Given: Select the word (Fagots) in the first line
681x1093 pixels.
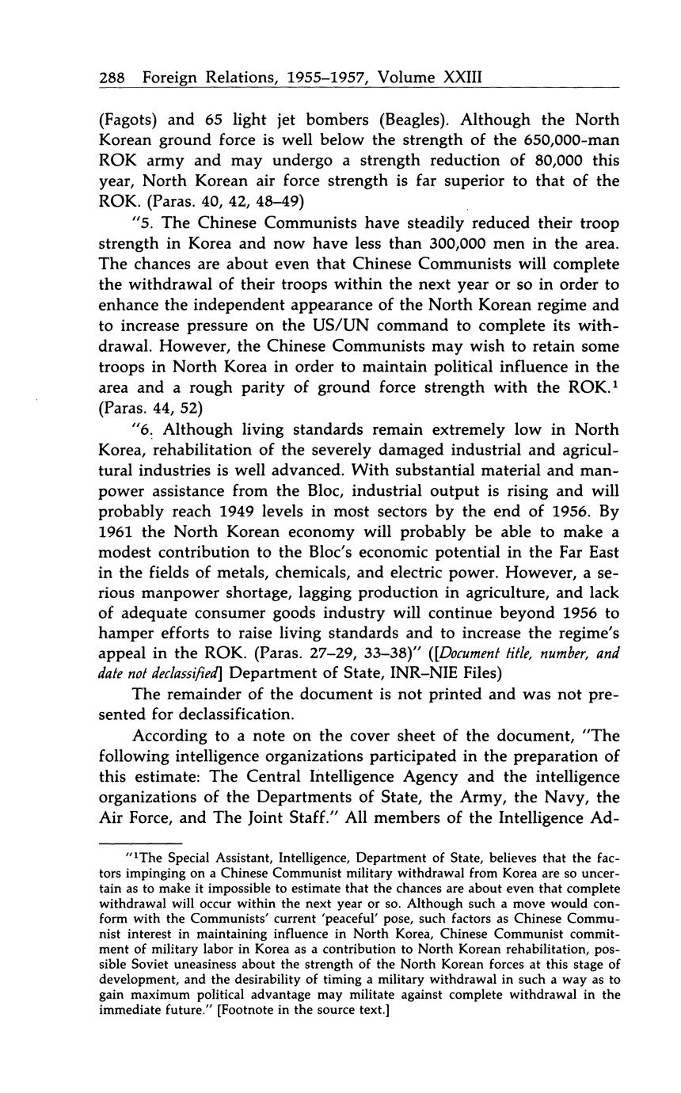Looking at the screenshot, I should coord(130,120).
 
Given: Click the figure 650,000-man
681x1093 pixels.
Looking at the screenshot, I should coord(565,141).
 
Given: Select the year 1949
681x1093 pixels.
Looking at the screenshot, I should coord(242,512).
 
